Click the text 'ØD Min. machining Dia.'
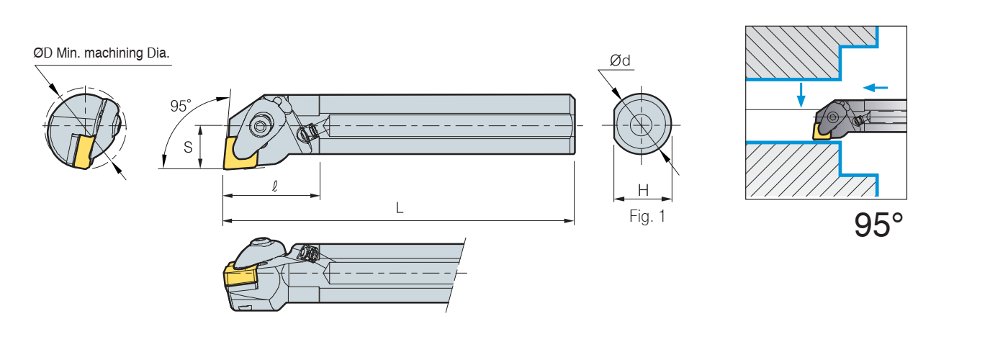(102, 53)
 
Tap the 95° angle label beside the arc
(181, 106)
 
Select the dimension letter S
(188, 147)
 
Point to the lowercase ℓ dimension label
(275, 186)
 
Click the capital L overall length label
(399, 208)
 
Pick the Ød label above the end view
(620, 60)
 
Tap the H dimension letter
(643, 190)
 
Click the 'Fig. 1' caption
(647, 217)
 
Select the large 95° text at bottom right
(878, 225)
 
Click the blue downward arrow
(801, 94)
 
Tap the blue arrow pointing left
(876, 87)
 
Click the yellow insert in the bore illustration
(822, 131)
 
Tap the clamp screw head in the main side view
(260, 127)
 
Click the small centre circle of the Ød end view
(642, 125)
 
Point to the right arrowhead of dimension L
(570, 220)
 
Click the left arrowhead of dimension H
(618, 199)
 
